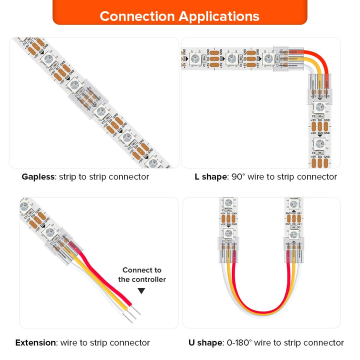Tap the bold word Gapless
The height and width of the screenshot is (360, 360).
click(x=38, y=176)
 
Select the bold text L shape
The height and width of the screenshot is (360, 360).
click(x=211, y=176)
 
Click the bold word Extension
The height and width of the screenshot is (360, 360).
click(x=35, y=342)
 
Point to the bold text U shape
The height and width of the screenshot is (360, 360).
click(x=205, y=342)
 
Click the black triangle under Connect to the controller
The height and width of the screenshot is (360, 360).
click(x=141, y=291)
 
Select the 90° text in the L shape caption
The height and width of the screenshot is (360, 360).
click(x=238, y=176)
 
